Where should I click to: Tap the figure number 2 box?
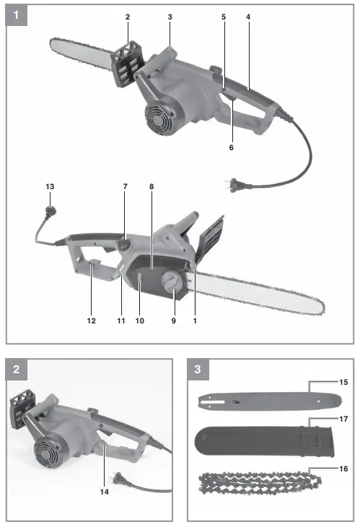click(x=16, y=370)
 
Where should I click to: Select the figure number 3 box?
click(x=198, y=370)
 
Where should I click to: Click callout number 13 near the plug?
click(x=50, y=186)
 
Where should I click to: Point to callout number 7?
click(x=125, y=186)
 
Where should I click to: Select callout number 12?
click(x=91, y=317)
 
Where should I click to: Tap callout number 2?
click(x=127, y=16)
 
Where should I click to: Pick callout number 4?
click(x=247, y=16)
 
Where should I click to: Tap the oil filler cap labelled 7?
click(x=123, y=245)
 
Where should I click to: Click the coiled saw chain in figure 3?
click(x=260, y=484)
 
